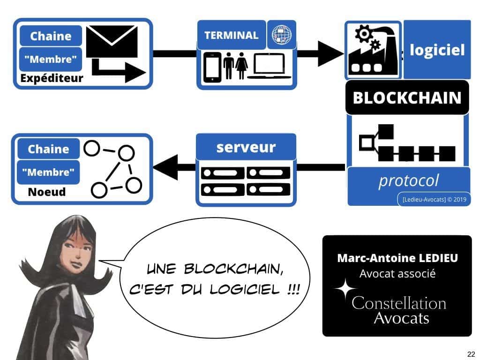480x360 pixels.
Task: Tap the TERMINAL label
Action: (231, 35)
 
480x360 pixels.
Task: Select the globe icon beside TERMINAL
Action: (281, 35)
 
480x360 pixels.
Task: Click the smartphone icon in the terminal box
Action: (213, 67)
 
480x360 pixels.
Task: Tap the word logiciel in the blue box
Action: (437, 50)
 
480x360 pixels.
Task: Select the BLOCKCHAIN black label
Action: (407, 97)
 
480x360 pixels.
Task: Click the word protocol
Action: (408, 180)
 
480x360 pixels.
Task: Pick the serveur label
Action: (246, 147)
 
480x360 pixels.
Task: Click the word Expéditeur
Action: (52, 78)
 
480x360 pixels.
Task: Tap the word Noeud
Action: (47, 192)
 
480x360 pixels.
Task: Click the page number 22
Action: (472, 353)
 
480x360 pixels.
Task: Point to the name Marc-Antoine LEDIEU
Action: (397, 258)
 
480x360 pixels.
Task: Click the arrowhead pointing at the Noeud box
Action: (164, 167)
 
